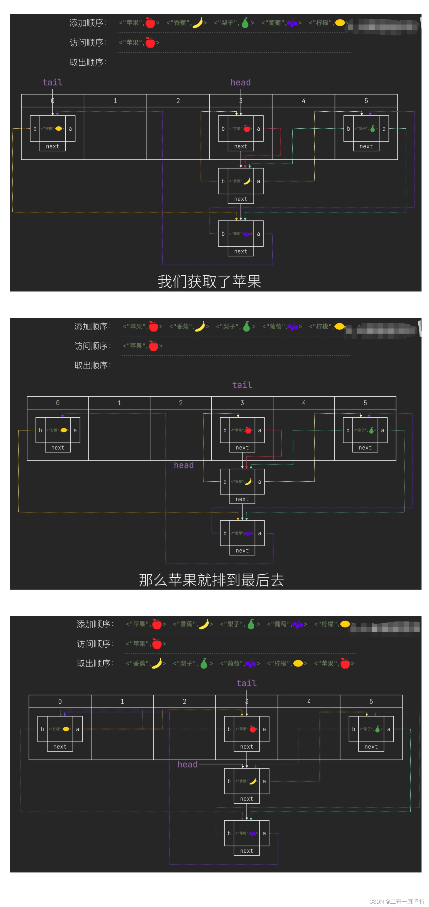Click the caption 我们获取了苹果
click(x=209, y=281)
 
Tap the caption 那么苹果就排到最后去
click(x=211, y=580)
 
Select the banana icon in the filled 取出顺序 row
click(x=156, y=663)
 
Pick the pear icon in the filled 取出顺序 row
click(x=204, y=663)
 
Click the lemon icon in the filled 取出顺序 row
click(x=298, y=663)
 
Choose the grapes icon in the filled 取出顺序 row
click(x=251, y=663)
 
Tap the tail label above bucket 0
click(x=52, y=82)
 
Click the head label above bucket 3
click(x=241, y=82)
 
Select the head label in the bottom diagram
click(x=187, y=764)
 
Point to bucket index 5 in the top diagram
click(x=366, y=101)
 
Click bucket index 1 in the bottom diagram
click(x=122, y=701)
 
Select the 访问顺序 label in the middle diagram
click(x=92, y=346)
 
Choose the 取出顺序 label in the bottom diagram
click(x=95, y=663)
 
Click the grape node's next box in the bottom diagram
click(x=246, y=851)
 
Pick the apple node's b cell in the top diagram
click(x=223, y=129)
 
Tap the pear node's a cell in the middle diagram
click(x=383, y=430)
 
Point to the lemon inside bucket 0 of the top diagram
click(x=59, y=129)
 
